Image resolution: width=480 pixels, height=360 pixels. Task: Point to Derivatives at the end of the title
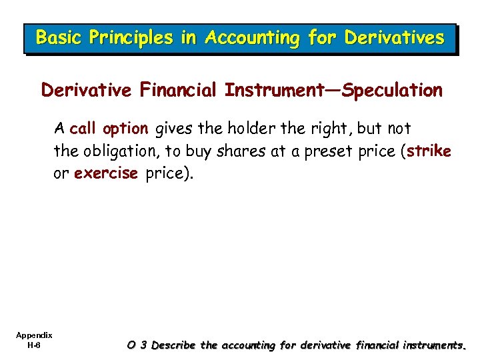[393, 38]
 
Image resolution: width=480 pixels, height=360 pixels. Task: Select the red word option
[125, 129]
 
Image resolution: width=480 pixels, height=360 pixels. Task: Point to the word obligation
[111, 151]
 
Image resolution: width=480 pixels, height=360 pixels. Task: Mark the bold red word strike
[429, 151]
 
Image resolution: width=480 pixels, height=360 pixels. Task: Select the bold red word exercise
[106, 173]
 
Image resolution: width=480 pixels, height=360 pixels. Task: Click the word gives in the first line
[173, 129]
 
